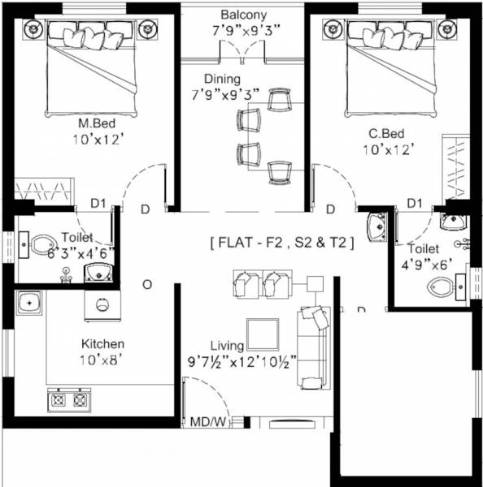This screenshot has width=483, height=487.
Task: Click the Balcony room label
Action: (x=243, y=15)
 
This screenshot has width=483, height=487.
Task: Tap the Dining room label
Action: (x=222, y=79)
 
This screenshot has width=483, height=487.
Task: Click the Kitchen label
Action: (x=101, y=343)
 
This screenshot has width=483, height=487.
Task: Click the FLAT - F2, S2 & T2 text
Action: (x=281, y=242)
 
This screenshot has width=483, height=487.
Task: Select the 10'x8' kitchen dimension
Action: (x=101, y=359)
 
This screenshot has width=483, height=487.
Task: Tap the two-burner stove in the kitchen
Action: (x=69, y=399)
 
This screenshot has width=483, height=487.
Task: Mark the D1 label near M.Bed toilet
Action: (x=98, y=202)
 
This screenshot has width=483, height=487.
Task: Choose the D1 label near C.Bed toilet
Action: (x=415, y=202)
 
